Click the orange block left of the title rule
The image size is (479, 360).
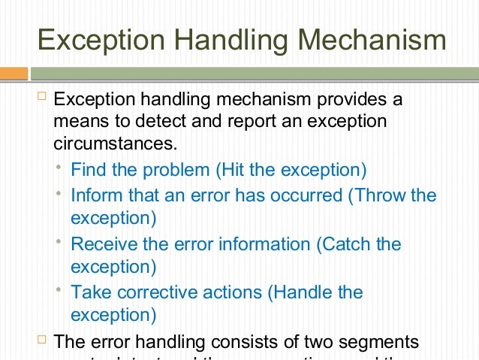(14, 74)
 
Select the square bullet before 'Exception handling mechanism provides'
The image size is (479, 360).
(41, 98)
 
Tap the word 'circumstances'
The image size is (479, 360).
(116, 142)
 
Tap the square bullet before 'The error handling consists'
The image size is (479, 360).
(41, 340)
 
